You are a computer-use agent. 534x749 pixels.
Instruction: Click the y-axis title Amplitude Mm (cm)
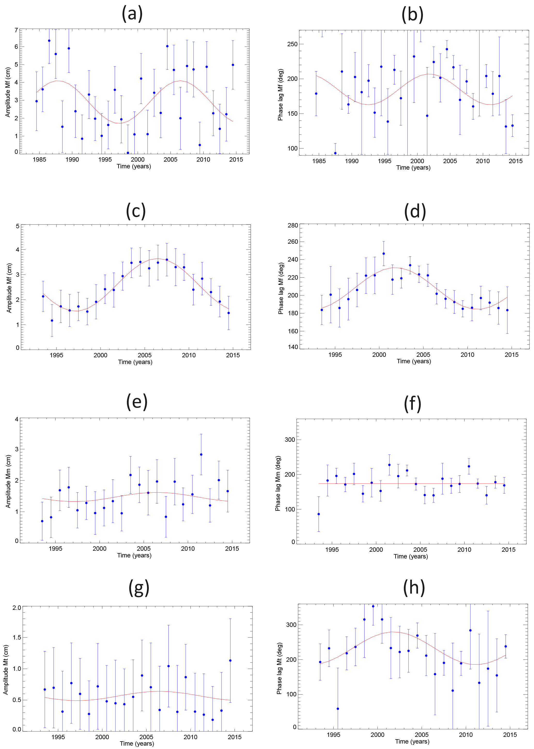(8, 481)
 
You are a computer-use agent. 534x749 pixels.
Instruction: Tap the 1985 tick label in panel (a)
(40, 160)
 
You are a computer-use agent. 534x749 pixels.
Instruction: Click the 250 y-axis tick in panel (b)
(292, 44)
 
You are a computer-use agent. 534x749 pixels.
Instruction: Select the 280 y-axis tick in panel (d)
(293, 225)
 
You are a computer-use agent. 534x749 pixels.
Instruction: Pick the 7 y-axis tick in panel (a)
(16, 30)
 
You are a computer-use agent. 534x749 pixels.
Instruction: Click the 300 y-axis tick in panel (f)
(290, 440)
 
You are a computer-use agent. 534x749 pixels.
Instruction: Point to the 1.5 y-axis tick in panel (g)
(17, 637)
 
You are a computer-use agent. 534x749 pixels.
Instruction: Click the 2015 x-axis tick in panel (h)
(510, 735)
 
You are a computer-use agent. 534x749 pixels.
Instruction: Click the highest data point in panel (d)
(383, 254)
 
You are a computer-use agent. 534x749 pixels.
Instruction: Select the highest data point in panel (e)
(201, 454)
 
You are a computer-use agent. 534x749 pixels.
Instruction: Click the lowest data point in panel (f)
(319, 514)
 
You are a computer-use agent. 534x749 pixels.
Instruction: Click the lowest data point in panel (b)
(335, 153)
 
